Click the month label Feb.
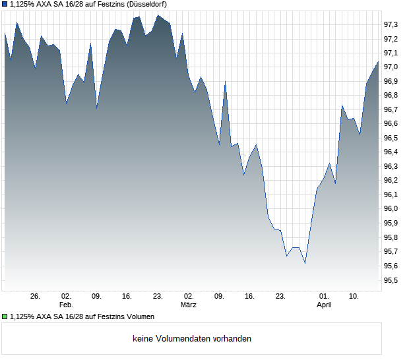66,305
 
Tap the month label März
189,305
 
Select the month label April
324,305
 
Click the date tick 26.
35,297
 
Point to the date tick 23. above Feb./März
158,297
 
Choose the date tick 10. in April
354,297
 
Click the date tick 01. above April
324,297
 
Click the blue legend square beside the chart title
5,4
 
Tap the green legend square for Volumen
5,316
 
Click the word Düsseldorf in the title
146,4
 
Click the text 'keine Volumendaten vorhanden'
192,339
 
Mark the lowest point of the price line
305,264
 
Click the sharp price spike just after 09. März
225,82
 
